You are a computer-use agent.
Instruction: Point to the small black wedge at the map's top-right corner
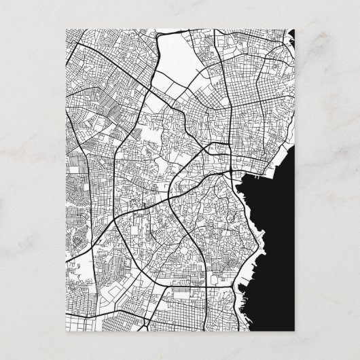click(x=293, y=36)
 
